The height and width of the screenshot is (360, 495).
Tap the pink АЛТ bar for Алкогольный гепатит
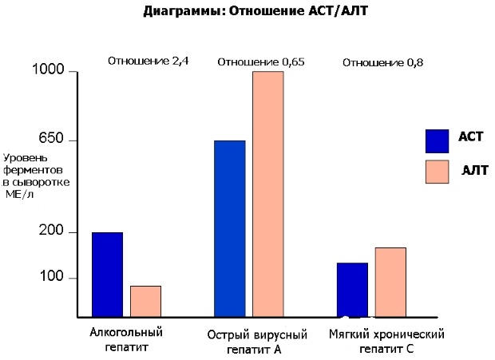tap(145, 301)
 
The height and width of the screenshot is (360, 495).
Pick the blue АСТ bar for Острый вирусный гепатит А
tap(230, 228)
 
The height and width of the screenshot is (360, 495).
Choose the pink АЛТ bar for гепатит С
tap(390, 282)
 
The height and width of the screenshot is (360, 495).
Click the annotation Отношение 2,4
tap(148, 61)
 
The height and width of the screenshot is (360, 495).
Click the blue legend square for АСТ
tap(438, 140)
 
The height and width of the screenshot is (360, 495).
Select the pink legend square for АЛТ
tap(438, 172)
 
